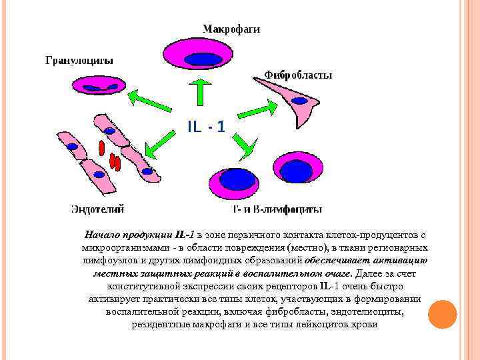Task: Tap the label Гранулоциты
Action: [x=79, y=61]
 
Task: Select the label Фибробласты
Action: [x=298, y=75]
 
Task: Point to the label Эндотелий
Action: [x=97, y=209]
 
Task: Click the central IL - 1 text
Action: [x=205, y=126]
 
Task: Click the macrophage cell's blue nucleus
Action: [x=203, y=59]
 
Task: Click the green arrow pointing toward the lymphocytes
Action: [x=243, y=146]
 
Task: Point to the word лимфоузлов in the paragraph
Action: [x=103, y=259]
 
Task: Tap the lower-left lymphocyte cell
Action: [x=237, y=181]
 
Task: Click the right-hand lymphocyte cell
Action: [x=295, y=170]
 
